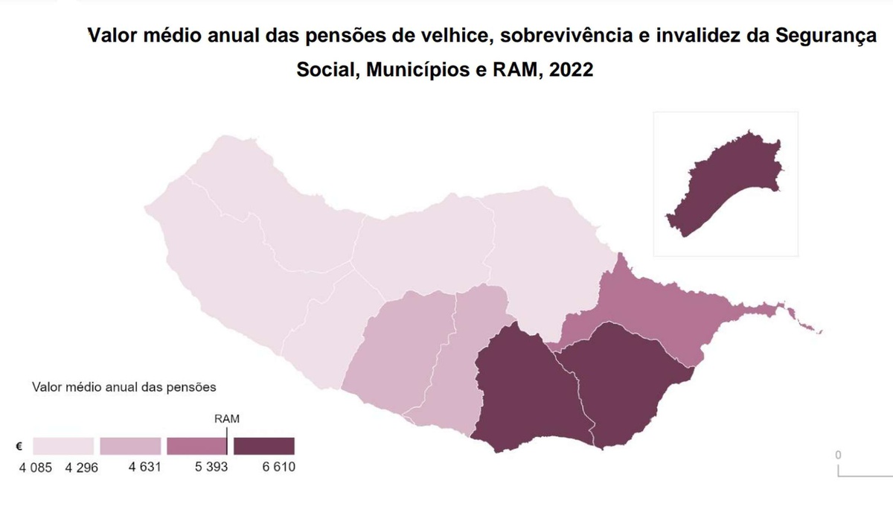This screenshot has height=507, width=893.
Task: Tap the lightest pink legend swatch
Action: (x=63, y=446)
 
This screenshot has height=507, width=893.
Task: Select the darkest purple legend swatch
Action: (x=264, y=446)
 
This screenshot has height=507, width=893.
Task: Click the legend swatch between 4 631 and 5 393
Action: (x=197, y=446)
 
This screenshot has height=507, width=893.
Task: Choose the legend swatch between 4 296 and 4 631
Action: (x=130, y=446)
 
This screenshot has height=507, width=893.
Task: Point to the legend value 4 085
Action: (x=35, y=468)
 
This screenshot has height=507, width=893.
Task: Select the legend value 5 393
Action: (x=212, y=468)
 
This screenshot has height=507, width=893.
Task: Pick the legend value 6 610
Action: (x=278, y=468)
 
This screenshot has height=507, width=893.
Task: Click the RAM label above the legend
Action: (x=226, y=418)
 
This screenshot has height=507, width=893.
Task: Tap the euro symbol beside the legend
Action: (x=19, y=447)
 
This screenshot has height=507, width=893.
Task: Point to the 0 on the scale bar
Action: (x=838, y=454)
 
